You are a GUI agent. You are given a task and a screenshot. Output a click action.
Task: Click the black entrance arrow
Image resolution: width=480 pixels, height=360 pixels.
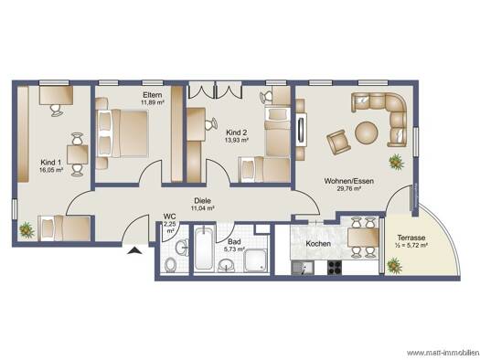(134, 250)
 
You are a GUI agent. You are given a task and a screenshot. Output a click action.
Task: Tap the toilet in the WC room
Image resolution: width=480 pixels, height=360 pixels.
(170, 265)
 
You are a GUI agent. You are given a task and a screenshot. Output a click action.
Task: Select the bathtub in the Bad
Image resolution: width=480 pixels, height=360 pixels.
(204, 248)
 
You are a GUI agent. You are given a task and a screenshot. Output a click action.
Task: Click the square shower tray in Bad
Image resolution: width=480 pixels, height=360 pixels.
(256, 260)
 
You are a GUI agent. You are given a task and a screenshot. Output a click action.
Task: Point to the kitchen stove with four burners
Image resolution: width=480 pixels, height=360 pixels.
(335, 268)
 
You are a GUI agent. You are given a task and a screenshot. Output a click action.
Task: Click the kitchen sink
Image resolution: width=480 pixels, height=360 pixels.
(303, 268)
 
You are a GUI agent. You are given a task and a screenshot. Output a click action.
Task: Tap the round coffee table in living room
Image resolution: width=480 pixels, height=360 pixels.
(367, 132)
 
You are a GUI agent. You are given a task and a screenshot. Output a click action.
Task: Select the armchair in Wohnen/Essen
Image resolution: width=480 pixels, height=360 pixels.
(338, 143)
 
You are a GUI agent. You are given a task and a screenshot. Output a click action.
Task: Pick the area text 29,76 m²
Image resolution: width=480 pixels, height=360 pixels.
(348, 189)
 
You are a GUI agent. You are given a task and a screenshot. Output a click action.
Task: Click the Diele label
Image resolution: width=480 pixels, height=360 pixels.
(202, 201)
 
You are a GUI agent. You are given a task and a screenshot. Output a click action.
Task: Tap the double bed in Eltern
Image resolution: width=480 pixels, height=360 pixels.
(122, 133)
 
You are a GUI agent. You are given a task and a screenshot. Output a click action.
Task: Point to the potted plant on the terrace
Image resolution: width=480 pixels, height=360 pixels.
(395, 265)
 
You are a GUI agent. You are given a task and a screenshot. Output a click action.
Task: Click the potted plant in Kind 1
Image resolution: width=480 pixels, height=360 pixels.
(27, 230)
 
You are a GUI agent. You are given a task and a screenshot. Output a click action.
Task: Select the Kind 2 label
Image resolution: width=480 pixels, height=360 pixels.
(236, 132)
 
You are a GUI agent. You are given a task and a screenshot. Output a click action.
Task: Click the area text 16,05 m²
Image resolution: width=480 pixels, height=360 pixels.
(51, 170)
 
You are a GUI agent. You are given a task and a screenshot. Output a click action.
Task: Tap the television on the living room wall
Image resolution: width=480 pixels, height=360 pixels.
(302, 130)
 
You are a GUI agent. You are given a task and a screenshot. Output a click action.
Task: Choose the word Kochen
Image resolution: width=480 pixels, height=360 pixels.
(318, 244)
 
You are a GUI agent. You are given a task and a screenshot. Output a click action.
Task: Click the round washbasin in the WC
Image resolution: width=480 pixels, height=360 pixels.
(183, 247)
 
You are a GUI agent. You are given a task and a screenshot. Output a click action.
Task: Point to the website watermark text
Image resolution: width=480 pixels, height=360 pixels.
(443, 353)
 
